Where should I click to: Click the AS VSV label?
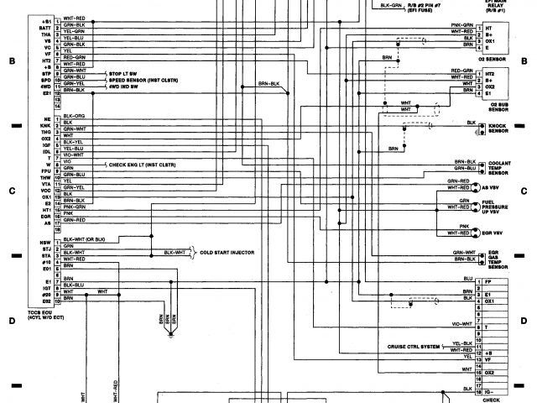point(497,186)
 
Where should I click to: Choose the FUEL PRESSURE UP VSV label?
point(504,207)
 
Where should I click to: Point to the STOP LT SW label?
point(121,74)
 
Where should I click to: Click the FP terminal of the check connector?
point(487,282)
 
